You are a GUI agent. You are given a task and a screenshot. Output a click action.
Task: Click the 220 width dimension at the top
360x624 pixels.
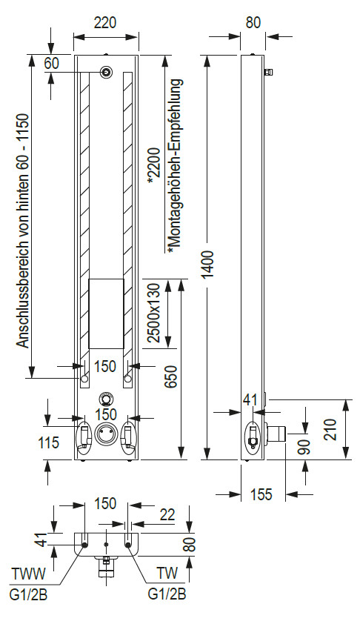(105, 23)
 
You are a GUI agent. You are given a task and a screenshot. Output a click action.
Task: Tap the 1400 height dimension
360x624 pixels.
(210, 265)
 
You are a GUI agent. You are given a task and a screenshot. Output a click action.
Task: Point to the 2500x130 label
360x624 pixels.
(153, 313)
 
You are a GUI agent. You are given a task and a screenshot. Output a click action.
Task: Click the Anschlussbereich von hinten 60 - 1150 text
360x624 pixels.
(23, 230)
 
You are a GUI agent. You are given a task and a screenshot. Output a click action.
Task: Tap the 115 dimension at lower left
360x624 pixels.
(49, 442)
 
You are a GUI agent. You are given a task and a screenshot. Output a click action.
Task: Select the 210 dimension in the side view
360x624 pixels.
(330, 429)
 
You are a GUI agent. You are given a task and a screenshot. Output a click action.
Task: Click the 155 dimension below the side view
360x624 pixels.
(261, 494)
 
